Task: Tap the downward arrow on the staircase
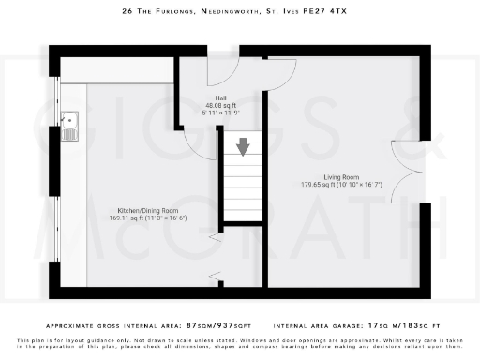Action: (x=244, y=146)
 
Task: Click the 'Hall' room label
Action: (x=220, y=97)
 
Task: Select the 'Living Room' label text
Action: (x=343, y=176)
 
